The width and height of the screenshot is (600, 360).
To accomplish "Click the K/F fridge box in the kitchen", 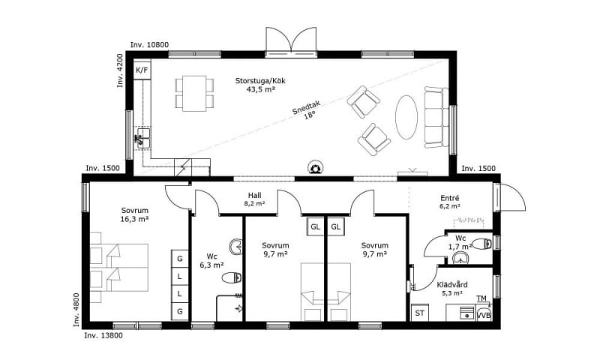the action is pyautogui.click(x=142, y=70).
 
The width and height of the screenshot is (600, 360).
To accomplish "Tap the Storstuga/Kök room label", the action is pyautogui.click(x=260, y=85).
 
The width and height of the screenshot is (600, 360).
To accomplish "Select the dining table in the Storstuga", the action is pyautogui.click(x=194, y=93).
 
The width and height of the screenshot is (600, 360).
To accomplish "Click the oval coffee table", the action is pyautogui.click(x=406, y=117).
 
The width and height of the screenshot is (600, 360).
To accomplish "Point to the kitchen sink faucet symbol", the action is pyautogui.click(x=139, y=139).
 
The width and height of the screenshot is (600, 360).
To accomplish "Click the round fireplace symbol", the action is pyautogui.click(x=316, y=167).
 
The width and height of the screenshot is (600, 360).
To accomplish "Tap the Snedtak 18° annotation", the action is pyautogui.click(x=307, y=109).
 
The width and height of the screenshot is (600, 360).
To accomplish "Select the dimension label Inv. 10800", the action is pyautogui.click(x=149, y=45).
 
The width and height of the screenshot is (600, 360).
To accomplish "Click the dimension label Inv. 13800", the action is pyautogui.click(x=103, y=335).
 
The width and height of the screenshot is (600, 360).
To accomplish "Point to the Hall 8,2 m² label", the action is pyautogui.click(x=254, y=199).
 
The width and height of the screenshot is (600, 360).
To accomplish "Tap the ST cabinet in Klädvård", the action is pyautogui.click(x=420, y=313).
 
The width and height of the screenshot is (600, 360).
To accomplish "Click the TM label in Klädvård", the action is pyautogui.click(x=481, y=298).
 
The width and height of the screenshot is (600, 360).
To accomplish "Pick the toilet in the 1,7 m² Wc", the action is pyautogui.click(x=482, y=243).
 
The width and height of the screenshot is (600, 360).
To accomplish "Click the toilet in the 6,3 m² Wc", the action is pyautogui.click(x=232, y=277).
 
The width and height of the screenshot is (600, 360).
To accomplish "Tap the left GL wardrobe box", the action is pyautogui.click(x=315, y=226).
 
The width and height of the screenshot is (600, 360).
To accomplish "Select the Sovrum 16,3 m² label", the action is pyautogui.click(x=135, y=214).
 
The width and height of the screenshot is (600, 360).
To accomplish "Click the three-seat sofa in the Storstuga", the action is pyautogui.click(x=436, y=117).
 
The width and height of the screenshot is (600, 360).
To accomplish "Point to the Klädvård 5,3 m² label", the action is pyautogui.click(x=452, y=289).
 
